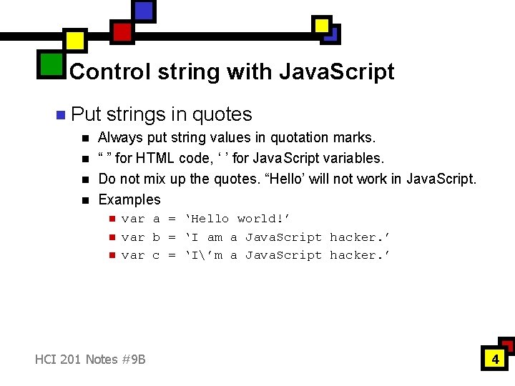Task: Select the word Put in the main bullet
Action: click(87, 114)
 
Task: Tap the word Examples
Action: click(129, 199)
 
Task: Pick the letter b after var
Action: click(156, 237)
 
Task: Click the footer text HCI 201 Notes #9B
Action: click(90, 359)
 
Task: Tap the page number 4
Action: click(494, 359)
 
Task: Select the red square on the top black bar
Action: click(122, 31)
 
